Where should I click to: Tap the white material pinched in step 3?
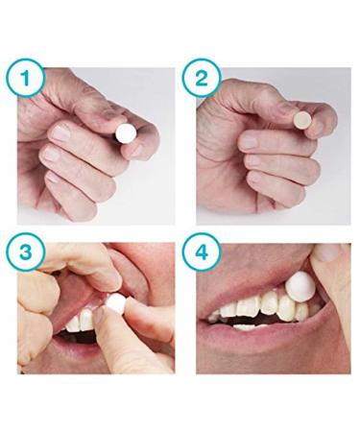tap(115, 303)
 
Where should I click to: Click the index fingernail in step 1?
tap(60, 132)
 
